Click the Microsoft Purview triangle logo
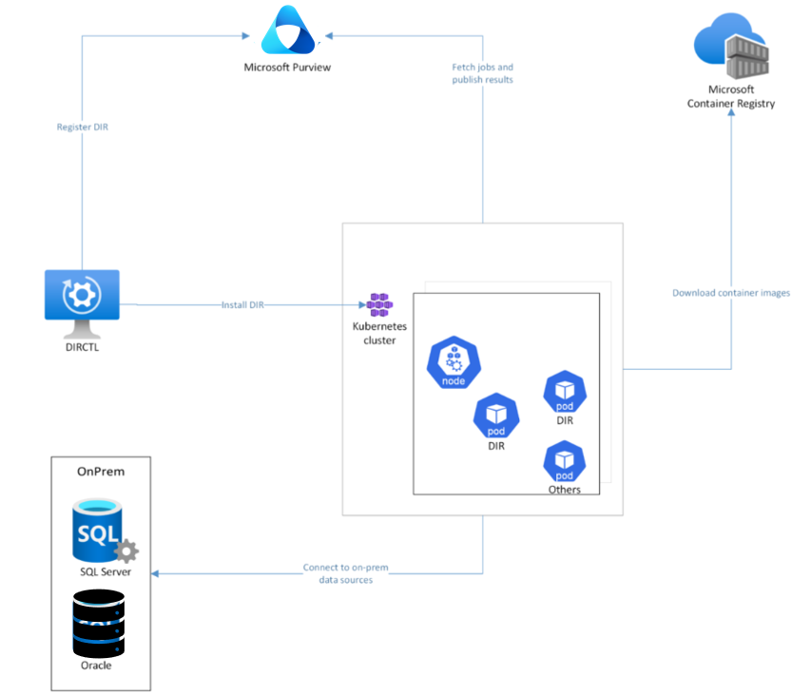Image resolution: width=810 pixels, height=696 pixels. point(288,30)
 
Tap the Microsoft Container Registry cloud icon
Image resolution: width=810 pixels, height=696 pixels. point(731,46)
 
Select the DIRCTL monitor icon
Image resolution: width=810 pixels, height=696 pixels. point(82,303)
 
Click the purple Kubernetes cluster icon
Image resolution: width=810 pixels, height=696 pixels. point(379,305)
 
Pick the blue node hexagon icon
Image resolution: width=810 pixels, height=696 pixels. point(453,362)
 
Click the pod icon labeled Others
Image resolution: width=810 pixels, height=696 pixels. point(564,461)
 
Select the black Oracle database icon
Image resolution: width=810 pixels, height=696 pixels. point(99,624)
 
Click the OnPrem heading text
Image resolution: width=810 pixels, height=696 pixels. point(101,472)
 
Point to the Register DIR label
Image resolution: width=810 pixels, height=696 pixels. point(83,127)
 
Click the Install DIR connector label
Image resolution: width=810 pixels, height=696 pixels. point(242,305)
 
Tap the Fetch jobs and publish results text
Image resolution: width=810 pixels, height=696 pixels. point(483,73)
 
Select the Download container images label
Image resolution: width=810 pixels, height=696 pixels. point(731,293)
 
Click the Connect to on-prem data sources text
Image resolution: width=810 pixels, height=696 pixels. point(346,573)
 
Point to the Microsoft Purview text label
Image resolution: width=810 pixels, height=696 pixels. point(287,68)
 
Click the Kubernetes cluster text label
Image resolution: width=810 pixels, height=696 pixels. point(379,334)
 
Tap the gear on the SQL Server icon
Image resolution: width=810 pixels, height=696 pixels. point(126,551)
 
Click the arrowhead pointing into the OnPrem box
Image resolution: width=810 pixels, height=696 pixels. point(155,573)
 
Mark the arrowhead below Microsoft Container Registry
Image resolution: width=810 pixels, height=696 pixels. point(731,112)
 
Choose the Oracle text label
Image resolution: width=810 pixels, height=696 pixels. point(96,666)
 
